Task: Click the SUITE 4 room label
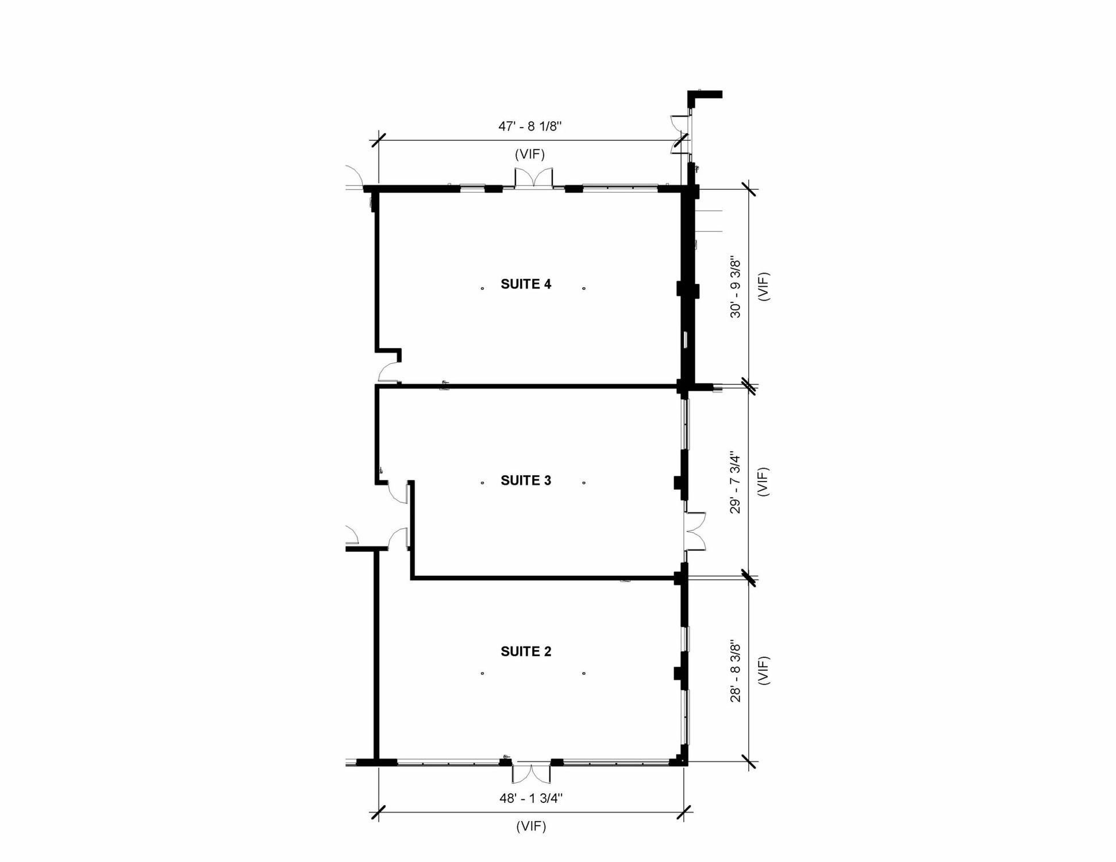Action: (526, 284)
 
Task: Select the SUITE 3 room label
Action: (526, 480)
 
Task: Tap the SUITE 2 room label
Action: (526, 651)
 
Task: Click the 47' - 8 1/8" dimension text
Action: (530, 126)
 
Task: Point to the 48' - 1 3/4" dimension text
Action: (531, 798)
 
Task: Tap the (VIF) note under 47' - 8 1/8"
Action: (530, 154)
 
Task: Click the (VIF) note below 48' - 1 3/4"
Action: (531, 826)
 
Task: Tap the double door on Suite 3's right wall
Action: (695, 532)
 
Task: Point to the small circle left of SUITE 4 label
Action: (483, 288)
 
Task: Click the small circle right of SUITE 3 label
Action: (584, 483)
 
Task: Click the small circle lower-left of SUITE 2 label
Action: (483, 673)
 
